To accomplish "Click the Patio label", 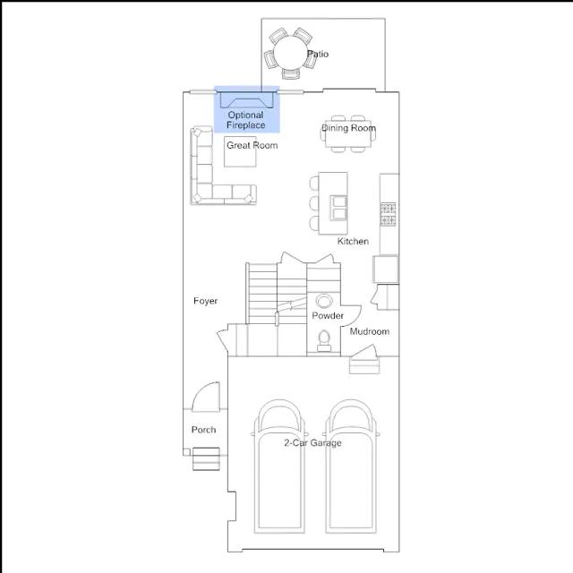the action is pyautogui.click(x=318, y=54).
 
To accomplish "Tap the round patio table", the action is pyautogui.click(x=290, y=52).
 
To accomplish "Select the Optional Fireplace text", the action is pyautogui.click(x=245, y=120).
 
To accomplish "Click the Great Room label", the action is pyautogui.click(x=252, y=145).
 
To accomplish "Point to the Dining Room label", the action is pyautogui.click(x=348, y=128).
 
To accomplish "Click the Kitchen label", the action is pyautogui.click(x=353, y=241).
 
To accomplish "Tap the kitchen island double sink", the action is pyautogui.click(x=338, y=208).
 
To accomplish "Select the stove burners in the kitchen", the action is pyautogui.click(x=388, y=214).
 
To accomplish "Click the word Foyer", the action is pyautogui.click(x=205, y=301).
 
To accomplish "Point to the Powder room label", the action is pyautogui.click(x=328, y=315).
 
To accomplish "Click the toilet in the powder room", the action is pyautogui.click(x=324, y=341).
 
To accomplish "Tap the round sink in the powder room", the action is pyautogui.click(x=324, y=302).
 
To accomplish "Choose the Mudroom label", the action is pyautogui.click(x=370, y=331).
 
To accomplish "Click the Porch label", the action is pyautogui.click(x=203, y=430).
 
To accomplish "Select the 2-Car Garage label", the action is pyautogui.click(x=312, y=443).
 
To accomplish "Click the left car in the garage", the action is pyautogui.click(x=279, y=466).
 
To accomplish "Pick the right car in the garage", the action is pyautogui.click(x=351, y=466).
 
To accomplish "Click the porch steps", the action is pyautogui.click(x=206, y=459).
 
